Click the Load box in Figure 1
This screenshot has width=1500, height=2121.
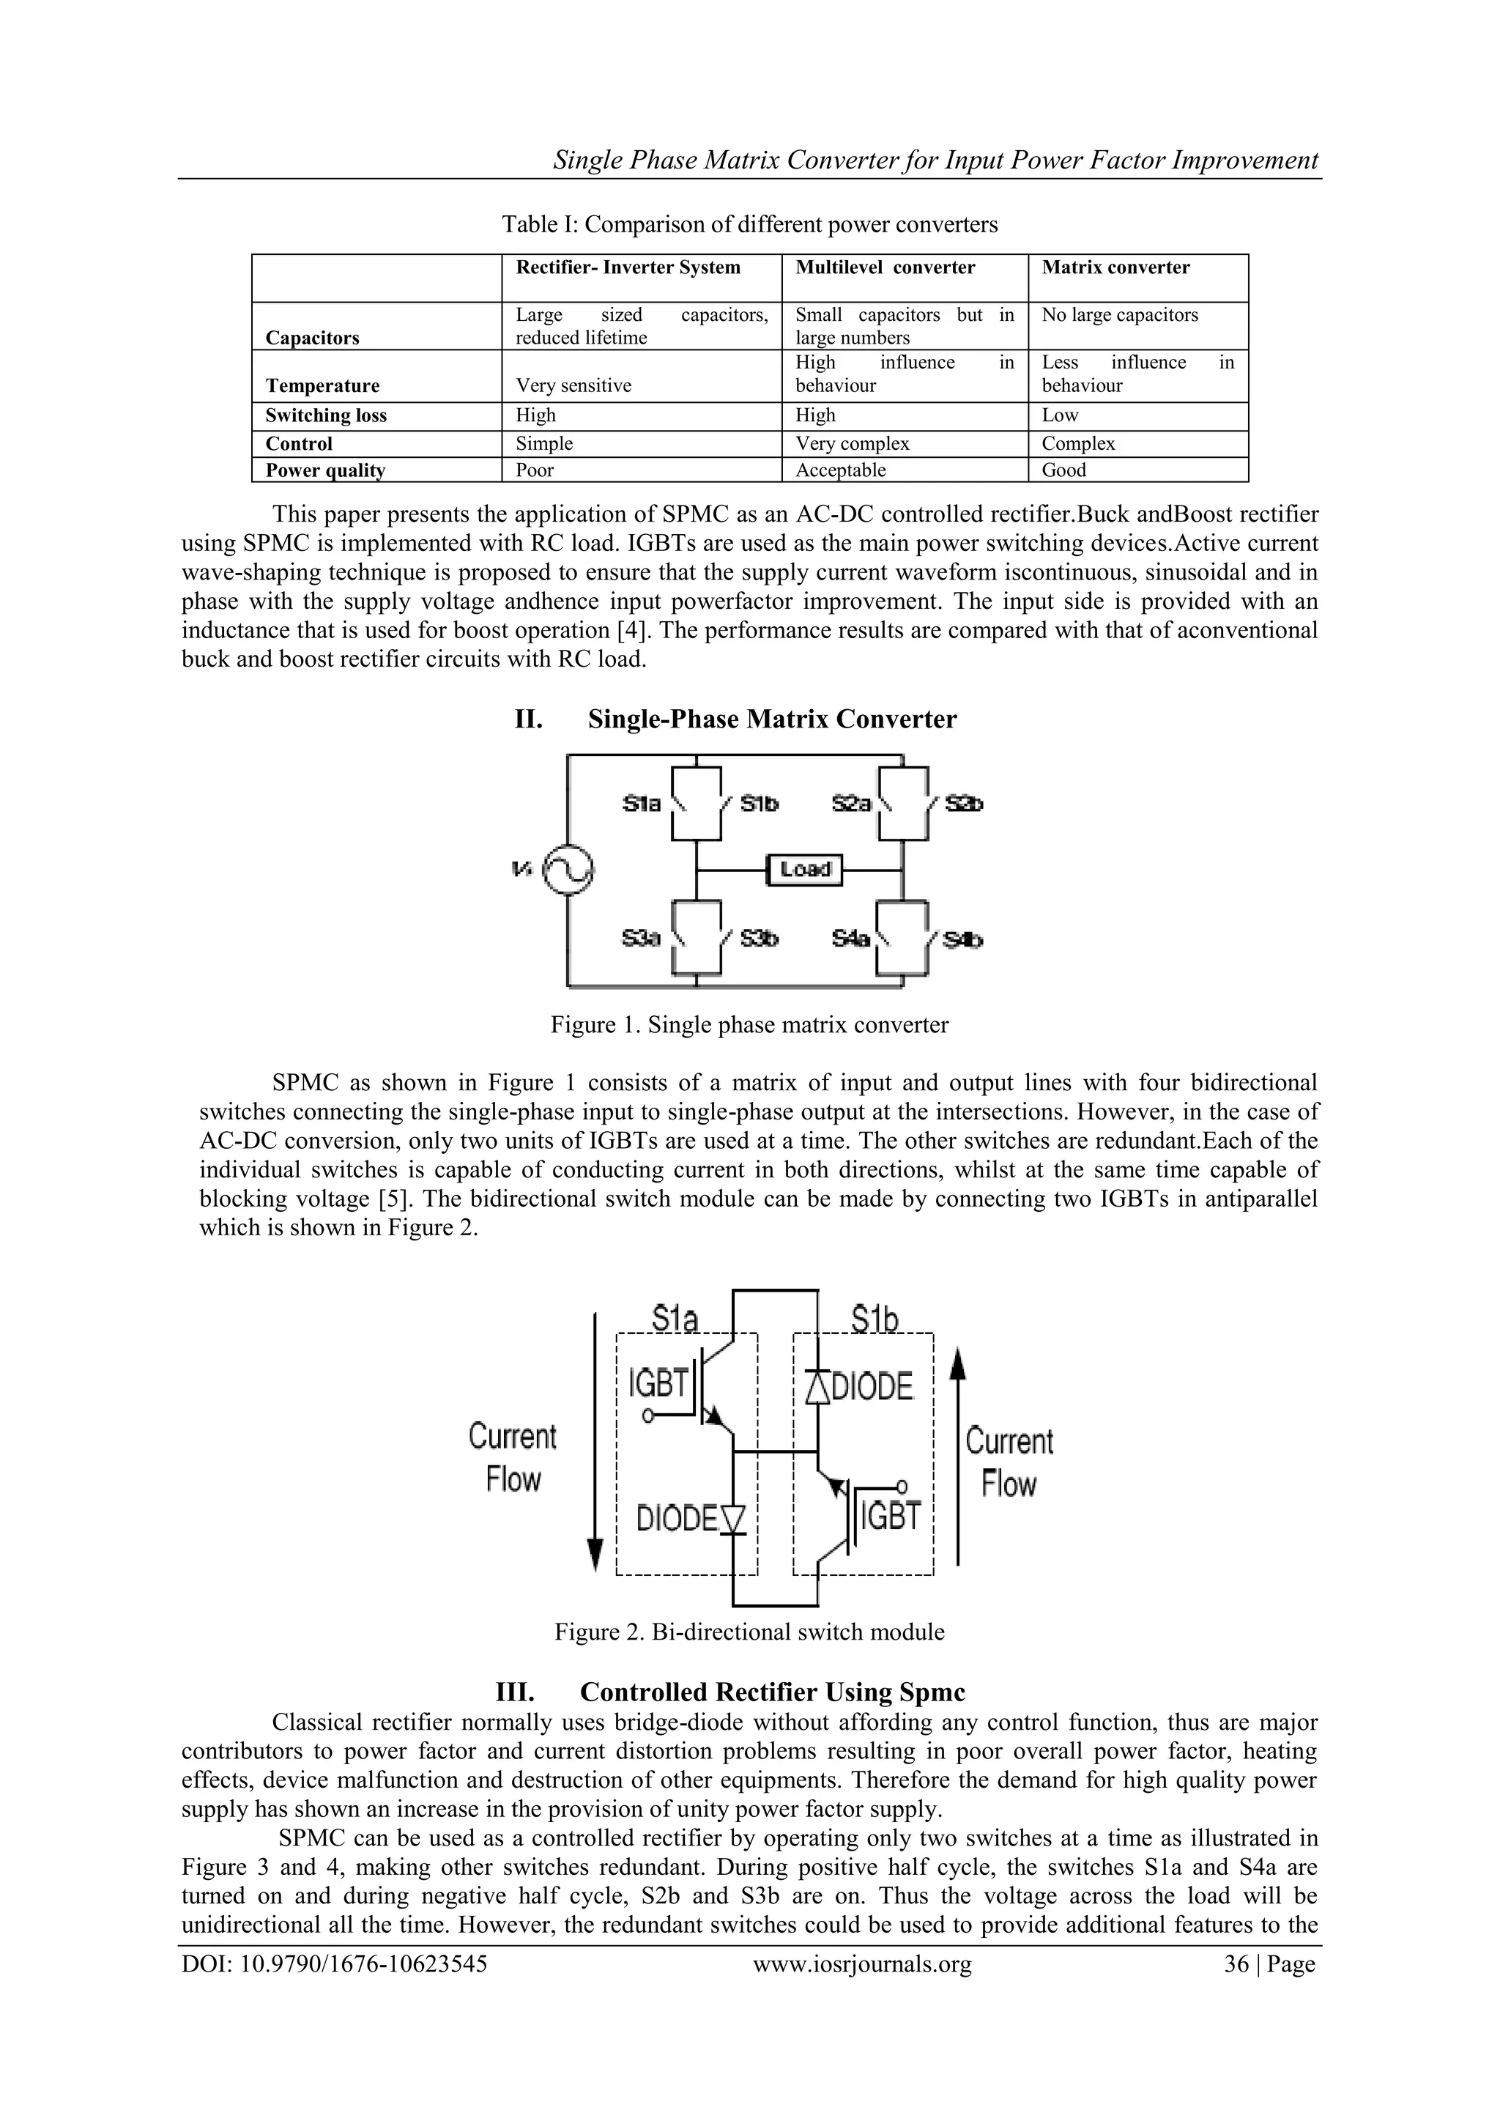coord(804,869)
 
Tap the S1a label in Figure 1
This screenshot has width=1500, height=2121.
coord(641,804)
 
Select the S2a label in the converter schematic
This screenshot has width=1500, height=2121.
coord(850,804)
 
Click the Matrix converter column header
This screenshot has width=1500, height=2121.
coord(1115,268)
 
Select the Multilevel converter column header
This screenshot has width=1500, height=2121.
coord(884,268)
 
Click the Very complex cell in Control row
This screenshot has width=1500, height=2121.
coord(852,443)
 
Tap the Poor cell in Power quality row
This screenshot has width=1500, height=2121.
coord(535,470)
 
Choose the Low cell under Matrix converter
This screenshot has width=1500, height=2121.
coord(1059,415)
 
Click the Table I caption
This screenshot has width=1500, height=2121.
coord(749,224)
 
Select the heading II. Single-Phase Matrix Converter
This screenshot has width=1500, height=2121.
coord(735,719)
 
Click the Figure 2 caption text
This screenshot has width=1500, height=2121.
coord(749,1632)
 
